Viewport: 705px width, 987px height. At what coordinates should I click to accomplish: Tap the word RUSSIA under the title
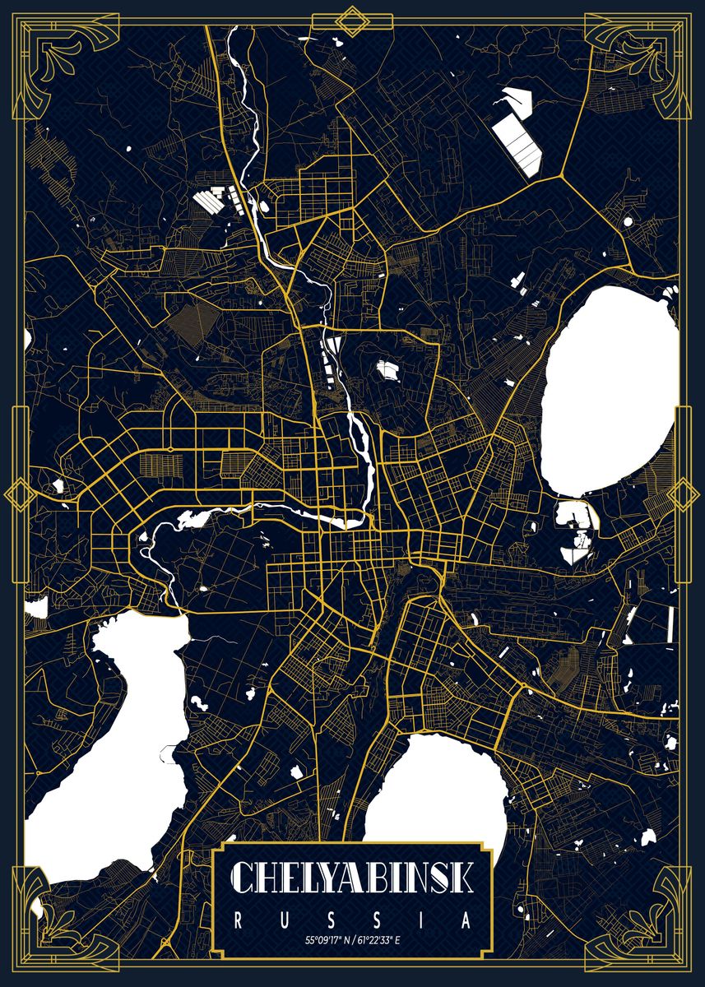(x=352, y=920)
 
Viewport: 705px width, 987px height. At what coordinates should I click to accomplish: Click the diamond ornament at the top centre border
(x=352, y=21)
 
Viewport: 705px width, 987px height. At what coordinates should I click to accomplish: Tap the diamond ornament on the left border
(x=17, y=496)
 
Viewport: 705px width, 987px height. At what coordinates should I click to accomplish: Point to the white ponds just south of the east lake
(x=576, y=535)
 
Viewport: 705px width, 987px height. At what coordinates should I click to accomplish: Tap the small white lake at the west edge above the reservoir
(x=36, y=609)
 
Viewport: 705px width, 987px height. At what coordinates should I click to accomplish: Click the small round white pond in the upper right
(x=628, y=221)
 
